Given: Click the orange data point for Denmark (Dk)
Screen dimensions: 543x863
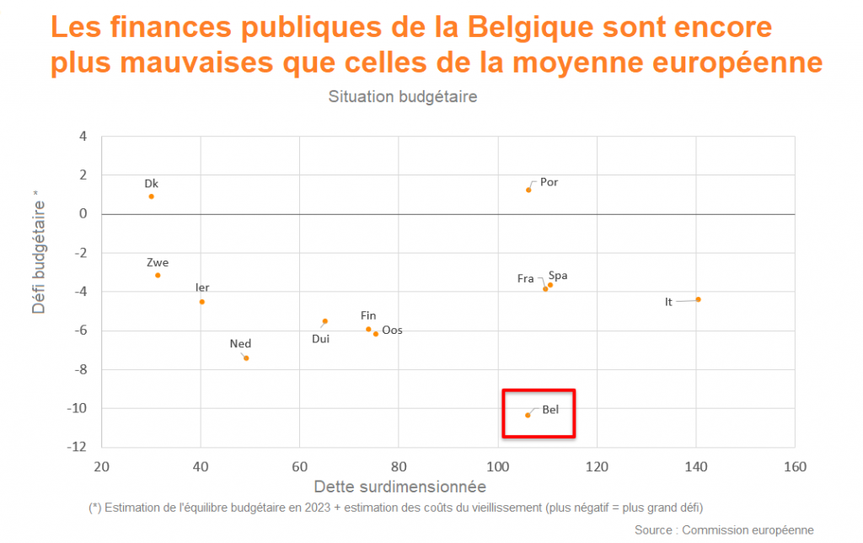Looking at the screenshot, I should click(151, 196).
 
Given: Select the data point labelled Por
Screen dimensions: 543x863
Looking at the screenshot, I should click(528, 190).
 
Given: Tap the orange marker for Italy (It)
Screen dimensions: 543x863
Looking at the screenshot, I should click(698, 299).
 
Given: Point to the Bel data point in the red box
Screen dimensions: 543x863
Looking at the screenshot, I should click(528, 415).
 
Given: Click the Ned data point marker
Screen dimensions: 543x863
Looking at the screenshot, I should click(246, 358).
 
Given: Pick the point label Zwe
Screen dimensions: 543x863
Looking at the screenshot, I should click(158, 262).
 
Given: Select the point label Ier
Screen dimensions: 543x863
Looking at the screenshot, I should click(202, 288).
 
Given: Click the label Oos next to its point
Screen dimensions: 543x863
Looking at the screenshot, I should click(392, 331).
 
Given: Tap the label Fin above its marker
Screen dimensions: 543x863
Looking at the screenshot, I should click(368, 315).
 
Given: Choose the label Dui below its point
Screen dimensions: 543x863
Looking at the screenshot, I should click(320, 339).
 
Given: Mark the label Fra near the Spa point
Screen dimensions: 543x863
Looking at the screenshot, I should click(526, 278).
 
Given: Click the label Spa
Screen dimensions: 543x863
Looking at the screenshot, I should click(558, 276).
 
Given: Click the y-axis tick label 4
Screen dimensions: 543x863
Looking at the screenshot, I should click(83, 136).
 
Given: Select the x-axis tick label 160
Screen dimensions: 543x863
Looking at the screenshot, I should click(795, 466).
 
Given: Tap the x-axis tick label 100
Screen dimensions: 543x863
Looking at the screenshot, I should click(498, 466).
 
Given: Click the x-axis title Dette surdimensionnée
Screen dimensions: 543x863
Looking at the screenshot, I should click(399, 487).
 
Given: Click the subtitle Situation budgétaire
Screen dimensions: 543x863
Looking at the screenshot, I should click(403, 97).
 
